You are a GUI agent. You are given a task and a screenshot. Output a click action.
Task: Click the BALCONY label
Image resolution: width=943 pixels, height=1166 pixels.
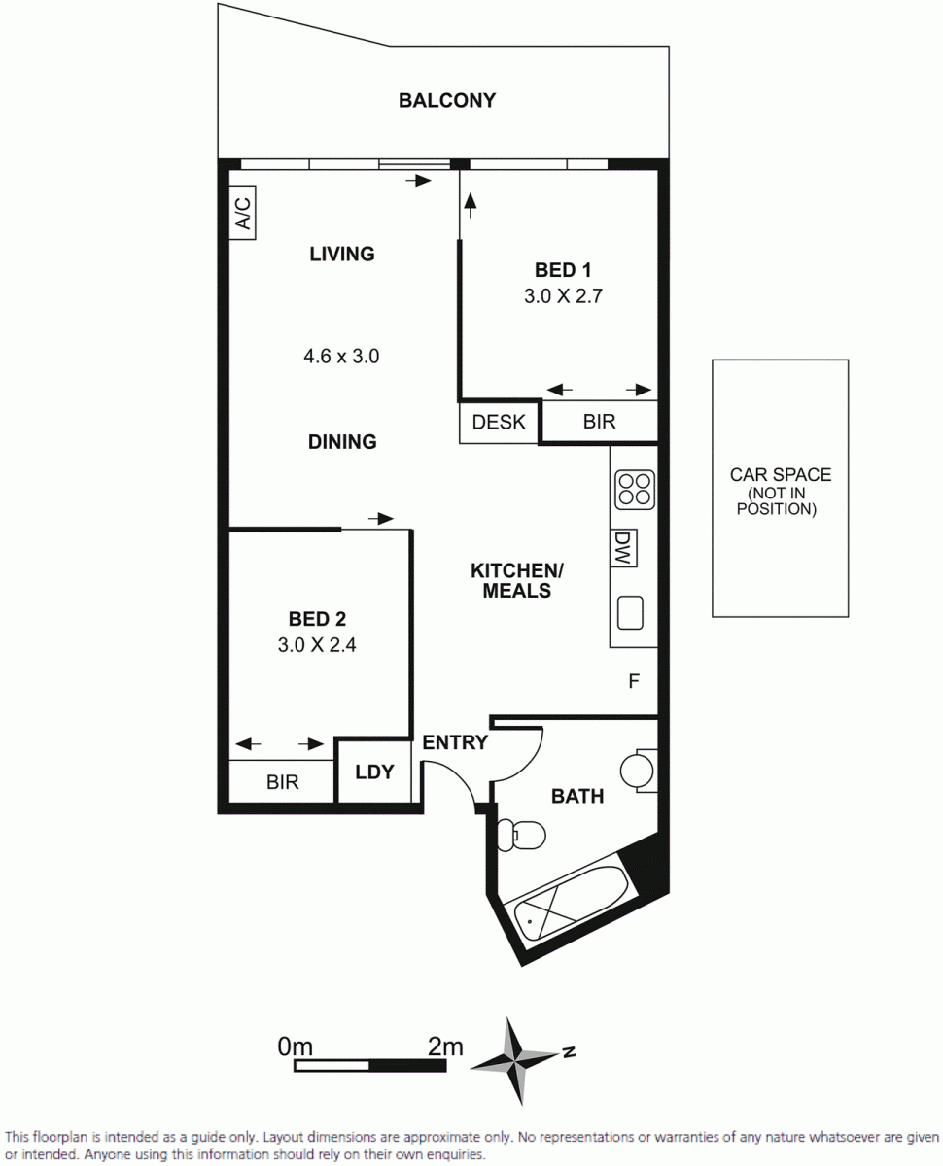(x=447, y=101)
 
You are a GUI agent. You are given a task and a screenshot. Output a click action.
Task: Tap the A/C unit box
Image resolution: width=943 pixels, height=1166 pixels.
(x=242, y=213)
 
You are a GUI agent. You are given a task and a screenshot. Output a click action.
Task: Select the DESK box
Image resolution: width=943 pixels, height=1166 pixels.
(x=499, y=422)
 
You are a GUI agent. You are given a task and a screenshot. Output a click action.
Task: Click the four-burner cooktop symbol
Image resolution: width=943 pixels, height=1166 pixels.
(x=635, y=490)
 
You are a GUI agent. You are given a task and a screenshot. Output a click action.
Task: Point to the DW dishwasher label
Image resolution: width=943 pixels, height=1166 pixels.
(x=623, y=548)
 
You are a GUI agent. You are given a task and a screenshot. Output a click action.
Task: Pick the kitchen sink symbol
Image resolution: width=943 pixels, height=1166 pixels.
(x=630, y=612)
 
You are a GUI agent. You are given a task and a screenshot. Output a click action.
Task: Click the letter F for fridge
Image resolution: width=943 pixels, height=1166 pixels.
(x=634, y=681)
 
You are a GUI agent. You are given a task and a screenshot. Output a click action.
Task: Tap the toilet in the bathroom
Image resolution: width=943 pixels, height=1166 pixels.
(x=521, y=835)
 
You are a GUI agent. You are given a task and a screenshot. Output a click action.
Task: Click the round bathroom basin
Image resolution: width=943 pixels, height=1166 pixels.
(x=637, y=771)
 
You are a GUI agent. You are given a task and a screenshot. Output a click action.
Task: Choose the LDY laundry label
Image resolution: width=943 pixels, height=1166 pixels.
(x=374, y=772)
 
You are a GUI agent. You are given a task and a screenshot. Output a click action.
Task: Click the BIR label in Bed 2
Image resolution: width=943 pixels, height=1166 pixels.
(x=283, y=782)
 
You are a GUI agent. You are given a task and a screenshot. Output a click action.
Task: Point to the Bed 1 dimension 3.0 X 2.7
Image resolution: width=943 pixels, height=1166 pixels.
(x=563, y=296)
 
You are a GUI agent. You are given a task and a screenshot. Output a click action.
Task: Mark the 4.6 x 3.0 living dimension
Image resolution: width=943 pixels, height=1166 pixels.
(x=341, y=357)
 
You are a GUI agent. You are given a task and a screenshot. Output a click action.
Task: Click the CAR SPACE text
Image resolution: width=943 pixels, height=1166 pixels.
(x=781, y=474)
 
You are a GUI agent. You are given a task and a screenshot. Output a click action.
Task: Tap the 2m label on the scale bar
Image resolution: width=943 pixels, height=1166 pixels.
(x=445, y=1046)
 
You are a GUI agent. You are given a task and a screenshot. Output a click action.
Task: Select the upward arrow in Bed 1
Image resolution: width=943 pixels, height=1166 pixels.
(x=470, y=205)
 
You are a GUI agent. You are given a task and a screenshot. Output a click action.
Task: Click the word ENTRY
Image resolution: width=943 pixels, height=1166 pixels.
(x=455, y=742)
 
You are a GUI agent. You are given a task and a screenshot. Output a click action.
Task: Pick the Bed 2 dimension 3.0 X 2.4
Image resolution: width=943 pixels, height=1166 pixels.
(x=317, y=645)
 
